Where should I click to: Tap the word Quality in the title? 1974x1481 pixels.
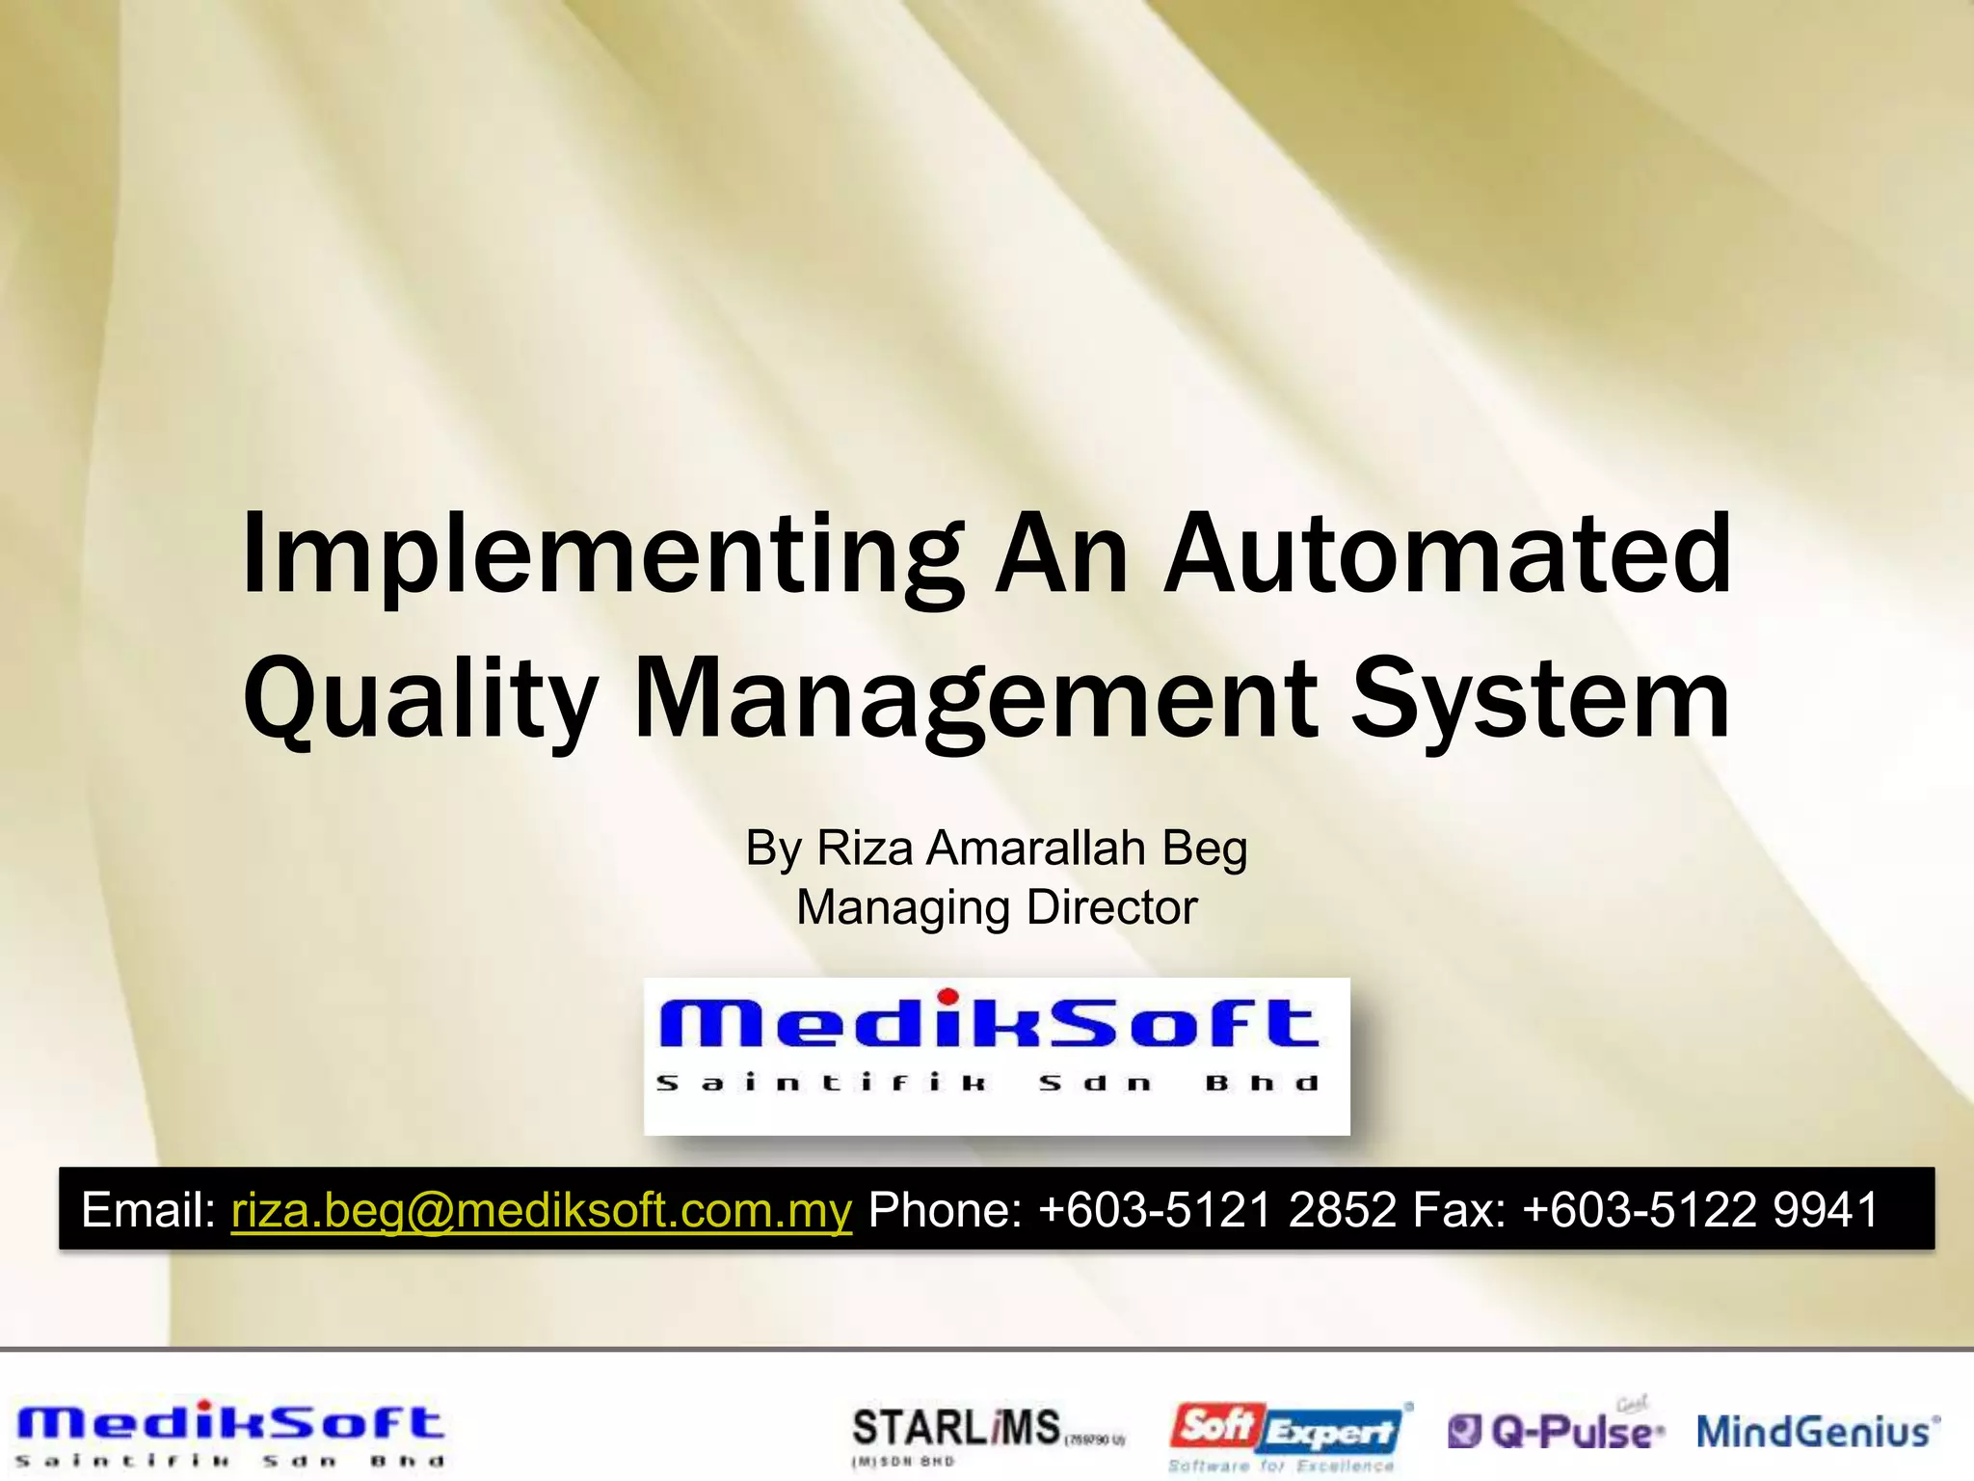tap(420, 698)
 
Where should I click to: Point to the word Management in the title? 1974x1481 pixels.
tap(974, 698)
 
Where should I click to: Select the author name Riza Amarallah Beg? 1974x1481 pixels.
tap(1031, 848)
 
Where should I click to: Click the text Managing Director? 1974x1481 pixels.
tap(997, 907)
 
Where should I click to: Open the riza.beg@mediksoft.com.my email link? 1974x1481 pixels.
tap(542, 1209)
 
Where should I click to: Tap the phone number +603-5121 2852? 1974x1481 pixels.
tap(1217, 1209)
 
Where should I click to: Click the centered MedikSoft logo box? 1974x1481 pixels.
tap(997, 1056)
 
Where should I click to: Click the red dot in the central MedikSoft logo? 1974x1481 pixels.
tap(948, 996)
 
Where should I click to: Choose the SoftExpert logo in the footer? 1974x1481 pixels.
tap(1288, 1435)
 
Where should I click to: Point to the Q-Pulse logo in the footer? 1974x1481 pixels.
tap(1556, 1431)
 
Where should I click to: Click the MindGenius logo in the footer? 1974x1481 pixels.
tap(1818, 1431)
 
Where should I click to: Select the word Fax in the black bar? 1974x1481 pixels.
tap(1457, 1209)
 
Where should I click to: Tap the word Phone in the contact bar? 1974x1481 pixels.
tap(944, 1209)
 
